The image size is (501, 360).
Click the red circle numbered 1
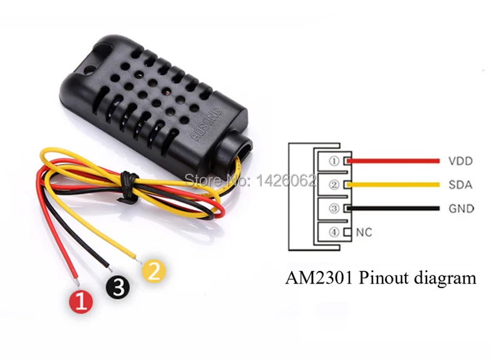click(x=81, y=302)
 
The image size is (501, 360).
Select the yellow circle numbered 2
click(x=155, y=270)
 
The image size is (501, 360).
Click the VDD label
click(x=460, y=161)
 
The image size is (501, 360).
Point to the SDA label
click(x=460, y=185)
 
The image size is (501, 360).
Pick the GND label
click(x=461, y=209)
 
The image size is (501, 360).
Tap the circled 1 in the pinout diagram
click(x=334, y=162)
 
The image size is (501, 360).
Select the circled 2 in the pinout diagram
click(x=334, y=185)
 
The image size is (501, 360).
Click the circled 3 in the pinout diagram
click(x=334, y=209)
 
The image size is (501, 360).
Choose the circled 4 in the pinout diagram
click(x=334, y=233)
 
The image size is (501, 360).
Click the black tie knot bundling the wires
click(x=128, y=185)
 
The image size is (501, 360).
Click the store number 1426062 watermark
click(x=285, y=181)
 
